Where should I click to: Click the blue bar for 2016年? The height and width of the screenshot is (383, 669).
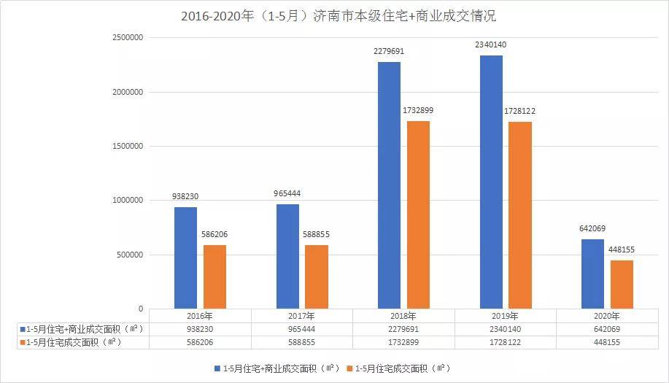tap(185, 258)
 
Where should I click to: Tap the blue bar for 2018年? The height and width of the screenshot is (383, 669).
tap(389, 185)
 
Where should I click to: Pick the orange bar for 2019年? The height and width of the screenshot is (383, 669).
tap(520, 215)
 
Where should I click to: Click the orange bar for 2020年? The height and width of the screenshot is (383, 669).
tap(622, 285)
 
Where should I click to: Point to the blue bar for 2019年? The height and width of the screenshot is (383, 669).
tap(491, 182)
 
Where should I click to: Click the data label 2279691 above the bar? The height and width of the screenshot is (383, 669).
tap(389, 52)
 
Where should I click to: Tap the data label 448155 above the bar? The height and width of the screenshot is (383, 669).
tap(622, 250)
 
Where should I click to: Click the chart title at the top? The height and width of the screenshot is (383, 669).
tap(333, 15)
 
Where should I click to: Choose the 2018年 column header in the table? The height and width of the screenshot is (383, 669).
tap(403, 316)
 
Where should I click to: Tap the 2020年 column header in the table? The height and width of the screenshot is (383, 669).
tap(607, 316)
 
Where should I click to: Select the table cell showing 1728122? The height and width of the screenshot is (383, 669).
tap(505, 341)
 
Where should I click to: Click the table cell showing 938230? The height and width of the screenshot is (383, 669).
tap(200, 329)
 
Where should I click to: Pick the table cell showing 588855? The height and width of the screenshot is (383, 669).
tap(301, 341)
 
